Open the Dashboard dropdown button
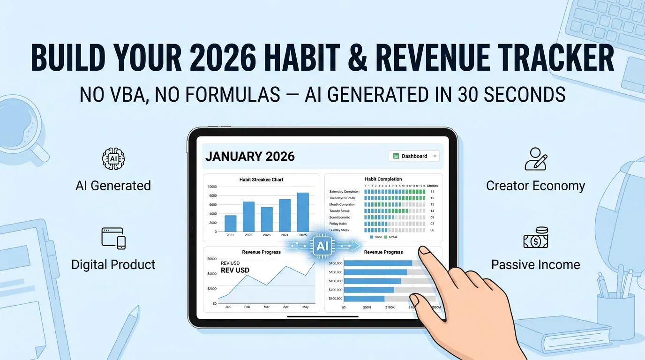(x=414, y=156)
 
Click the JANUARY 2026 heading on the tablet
(x=250, y=156)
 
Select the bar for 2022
(x=248, y=216)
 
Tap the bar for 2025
(x=303, y=212)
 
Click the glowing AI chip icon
(x=323, y=246)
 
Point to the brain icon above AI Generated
(x=113, y=158)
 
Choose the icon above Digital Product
(x=113, y=238)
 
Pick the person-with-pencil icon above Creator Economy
(x=535, y=159)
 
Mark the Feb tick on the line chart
(x=247, y=307)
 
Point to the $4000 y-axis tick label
(x=211, y=274)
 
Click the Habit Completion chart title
(x=383, y=179)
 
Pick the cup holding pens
(x=615, y=309)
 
